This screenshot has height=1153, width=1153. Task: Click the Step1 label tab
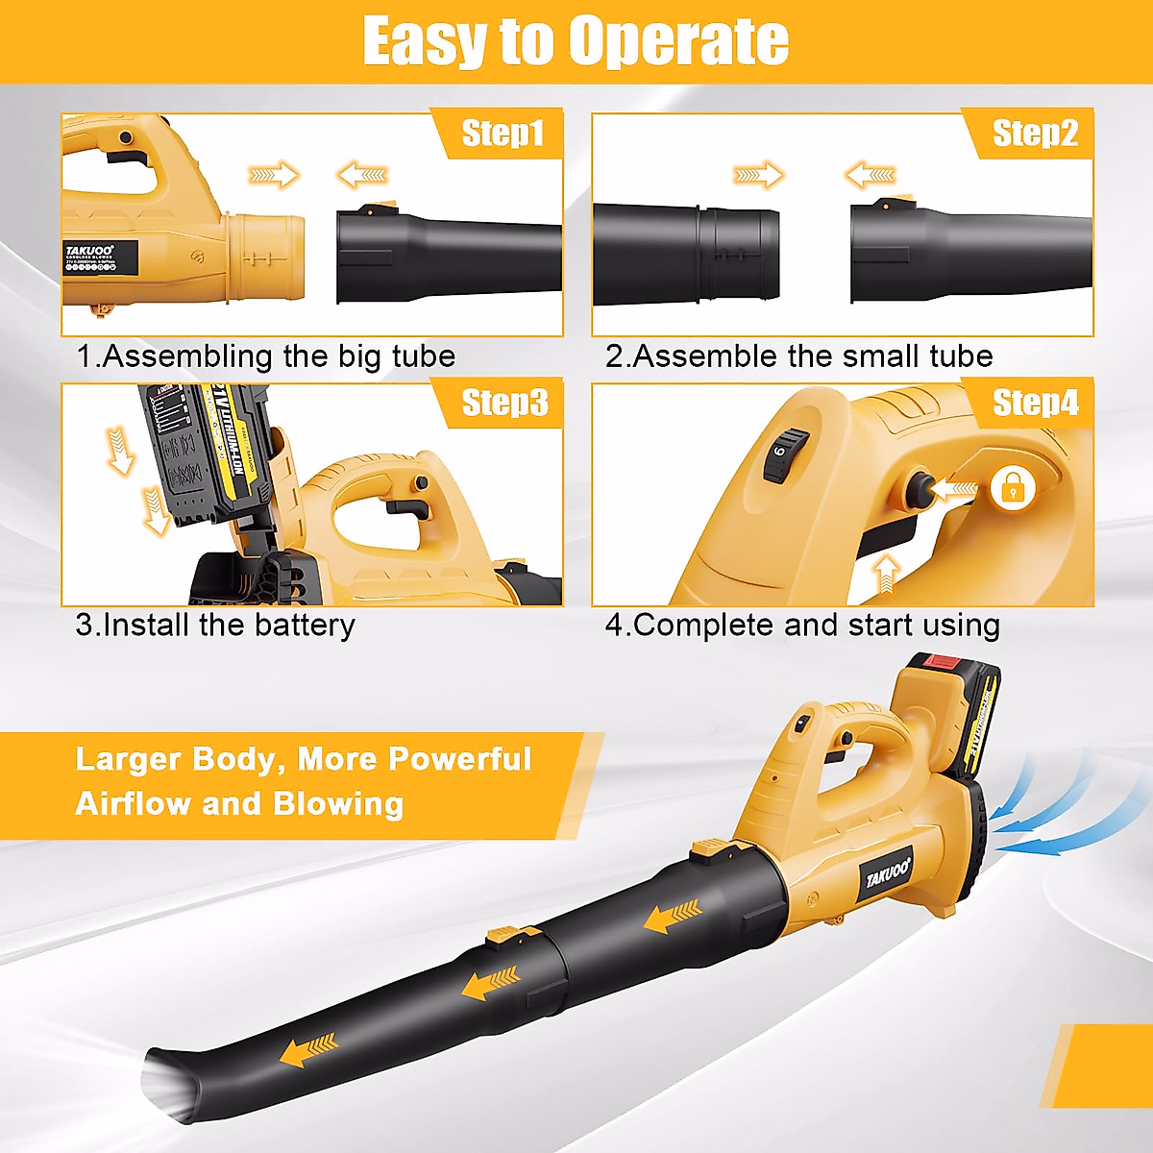tap(502, 134)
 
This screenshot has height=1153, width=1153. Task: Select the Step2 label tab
tap(1034, 134)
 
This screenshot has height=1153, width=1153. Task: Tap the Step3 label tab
tap(503, 403)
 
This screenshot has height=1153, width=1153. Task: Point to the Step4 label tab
tap(1034, 403)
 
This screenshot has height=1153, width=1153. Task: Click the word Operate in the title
tap(677, 41)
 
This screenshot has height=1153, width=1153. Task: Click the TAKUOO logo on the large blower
tap(887, 874)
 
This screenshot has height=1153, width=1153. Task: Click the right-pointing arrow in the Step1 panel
tap(274, 176)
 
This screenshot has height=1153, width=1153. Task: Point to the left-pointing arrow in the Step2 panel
tap(871, 176)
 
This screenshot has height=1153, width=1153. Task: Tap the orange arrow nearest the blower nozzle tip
tap(308, 1050)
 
